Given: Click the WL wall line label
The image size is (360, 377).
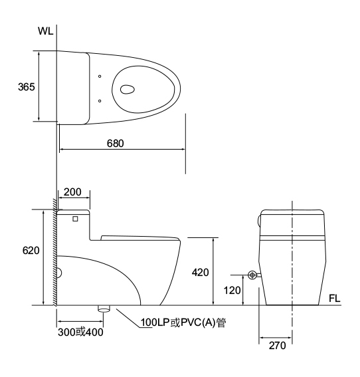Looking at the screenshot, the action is tap(45, 31).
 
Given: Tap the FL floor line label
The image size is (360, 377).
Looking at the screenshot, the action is tap(335, 299).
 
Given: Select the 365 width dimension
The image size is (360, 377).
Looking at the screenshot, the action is tap(27, 86).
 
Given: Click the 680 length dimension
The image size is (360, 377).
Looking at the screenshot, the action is tap(116, 144).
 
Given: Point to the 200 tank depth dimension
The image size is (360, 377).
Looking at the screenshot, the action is tap(72, 192).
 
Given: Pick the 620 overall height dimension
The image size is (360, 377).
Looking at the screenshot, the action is tap(31, 251).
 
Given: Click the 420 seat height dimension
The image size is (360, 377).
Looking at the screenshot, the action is tap(201, 273).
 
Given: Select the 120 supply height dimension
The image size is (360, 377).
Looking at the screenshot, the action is tap(232, 291).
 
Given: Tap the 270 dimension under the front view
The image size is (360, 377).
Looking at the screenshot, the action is tap(278, 346).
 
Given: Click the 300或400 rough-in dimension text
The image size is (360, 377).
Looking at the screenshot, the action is tap(80, 332).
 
